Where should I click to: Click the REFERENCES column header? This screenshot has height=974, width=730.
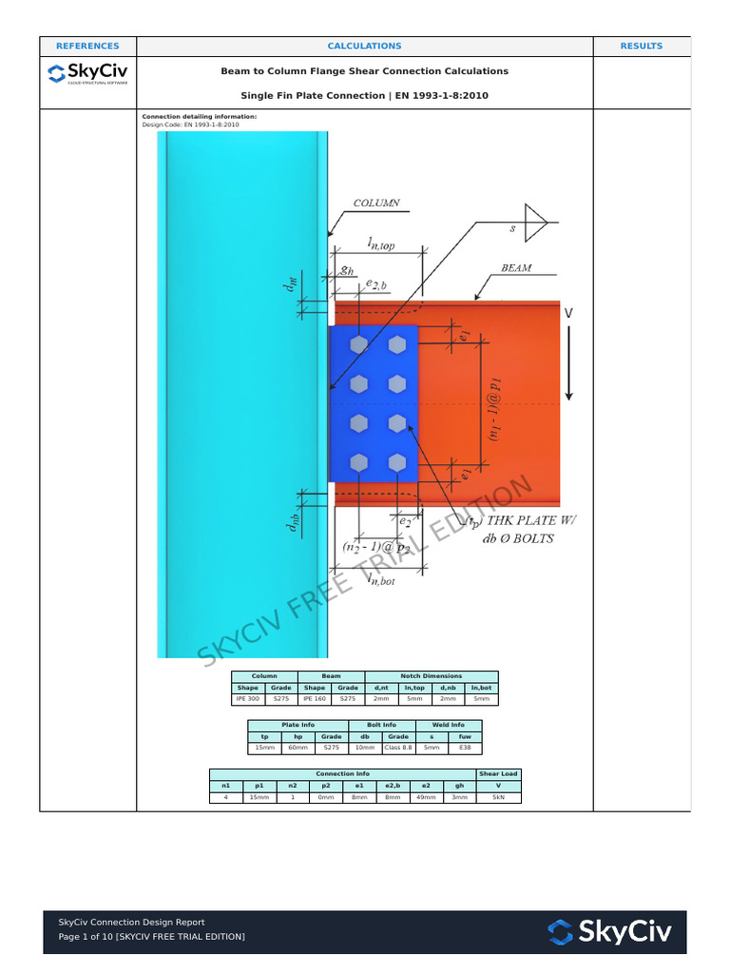(x=87, y=46)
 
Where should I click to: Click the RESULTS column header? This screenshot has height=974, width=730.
(x=642, y=46)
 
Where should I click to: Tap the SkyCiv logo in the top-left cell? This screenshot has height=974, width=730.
(x=87, y=73)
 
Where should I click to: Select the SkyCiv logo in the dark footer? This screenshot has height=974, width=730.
(x=609, y=931)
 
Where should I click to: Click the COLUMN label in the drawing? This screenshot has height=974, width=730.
(x=376, y=204)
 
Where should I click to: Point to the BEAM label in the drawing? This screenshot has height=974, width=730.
(x=516, y=268)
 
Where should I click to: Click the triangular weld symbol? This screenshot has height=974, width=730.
(x=536, y=224)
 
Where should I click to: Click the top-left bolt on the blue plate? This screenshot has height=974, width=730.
(x=358, y=345)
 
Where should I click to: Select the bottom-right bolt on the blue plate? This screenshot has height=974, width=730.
(x=397, y=463)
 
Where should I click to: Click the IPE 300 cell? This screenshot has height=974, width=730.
(x=247, y=699)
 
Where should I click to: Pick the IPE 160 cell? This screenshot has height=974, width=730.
(x=314, y=699)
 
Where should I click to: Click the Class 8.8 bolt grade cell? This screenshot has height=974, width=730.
(x=397, y=749)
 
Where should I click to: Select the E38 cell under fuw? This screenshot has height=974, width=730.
(x=465, y=749)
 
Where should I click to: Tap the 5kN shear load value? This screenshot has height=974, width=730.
(x=499, y=798)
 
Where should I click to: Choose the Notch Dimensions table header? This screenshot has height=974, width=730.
(x=431, y=676)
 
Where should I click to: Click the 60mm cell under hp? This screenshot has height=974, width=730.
(x=298, y=749)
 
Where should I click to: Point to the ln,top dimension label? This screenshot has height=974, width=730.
(x=375, y=245)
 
